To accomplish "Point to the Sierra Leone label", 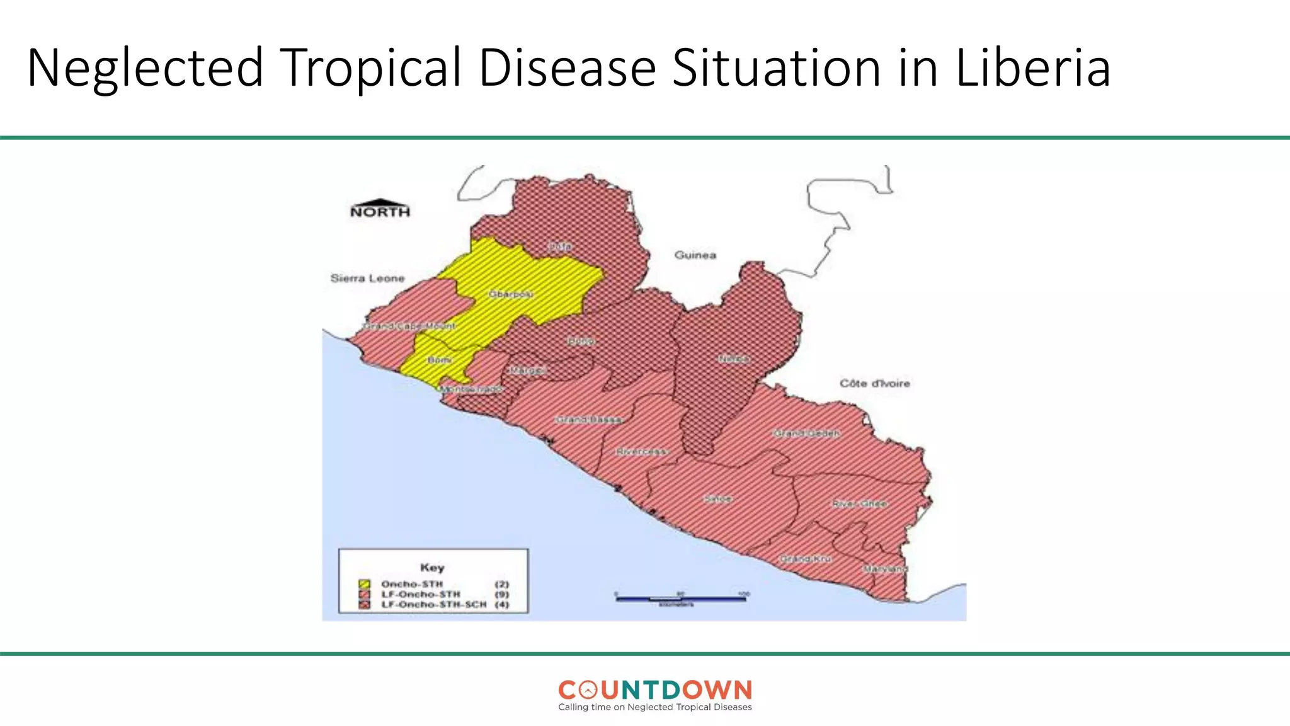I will pos(367,278).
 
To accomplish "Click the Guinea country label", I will pos(695,255).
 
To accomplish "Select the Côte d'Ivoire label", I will pos(874,383).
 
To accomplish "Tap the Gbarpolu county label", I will pos(511,294).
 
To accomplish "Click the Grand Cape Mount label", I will pos(409,326).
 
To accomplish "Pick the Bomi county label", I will pos(439,360).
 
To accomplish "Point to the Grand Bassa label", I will pos(588,419).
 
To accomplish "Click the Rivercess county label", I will pos(641,452).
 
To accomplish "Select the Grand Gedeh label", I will pos(806,434).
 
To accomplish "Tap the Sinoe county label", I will pos(717,498).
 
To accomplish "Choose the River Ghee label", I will pos(859,504).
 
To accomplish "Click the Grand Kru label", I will pos(806,558).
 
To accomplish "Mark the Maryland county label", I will pos(885,568).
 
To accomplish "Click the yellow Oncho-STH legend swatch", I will pos(364,584).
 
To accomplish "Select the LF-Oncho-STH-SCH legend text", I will pos(433,604).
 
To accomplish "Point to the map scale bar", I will pos(680,598).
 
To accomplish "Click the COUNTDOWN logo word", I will pos(655,690).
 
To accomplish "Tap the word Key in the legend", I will pos(432,567).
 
